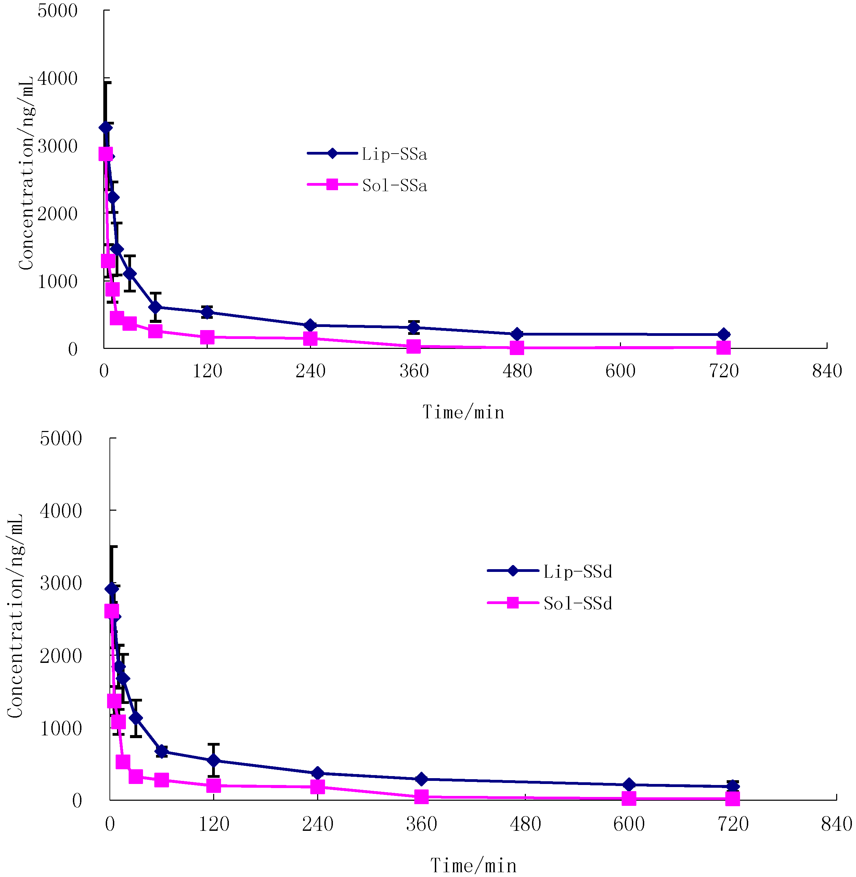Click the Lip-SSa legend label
[394, 154]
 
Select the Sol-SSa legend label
[394, 185]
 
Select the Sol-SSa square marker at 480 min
[517, 348]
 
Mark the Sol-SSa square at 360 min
[413, 346]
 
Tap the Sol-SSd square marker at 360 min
[421, 797]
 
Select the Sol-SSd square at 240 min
[317, 787]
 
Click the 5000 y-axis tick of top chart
[57, 11]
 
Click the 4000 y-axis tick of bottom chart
[61, 511]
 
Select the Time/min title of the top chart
[463, 412]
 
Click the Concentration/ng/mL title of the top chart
[26, 173]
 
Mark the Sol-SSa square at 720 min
[723, 347]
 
